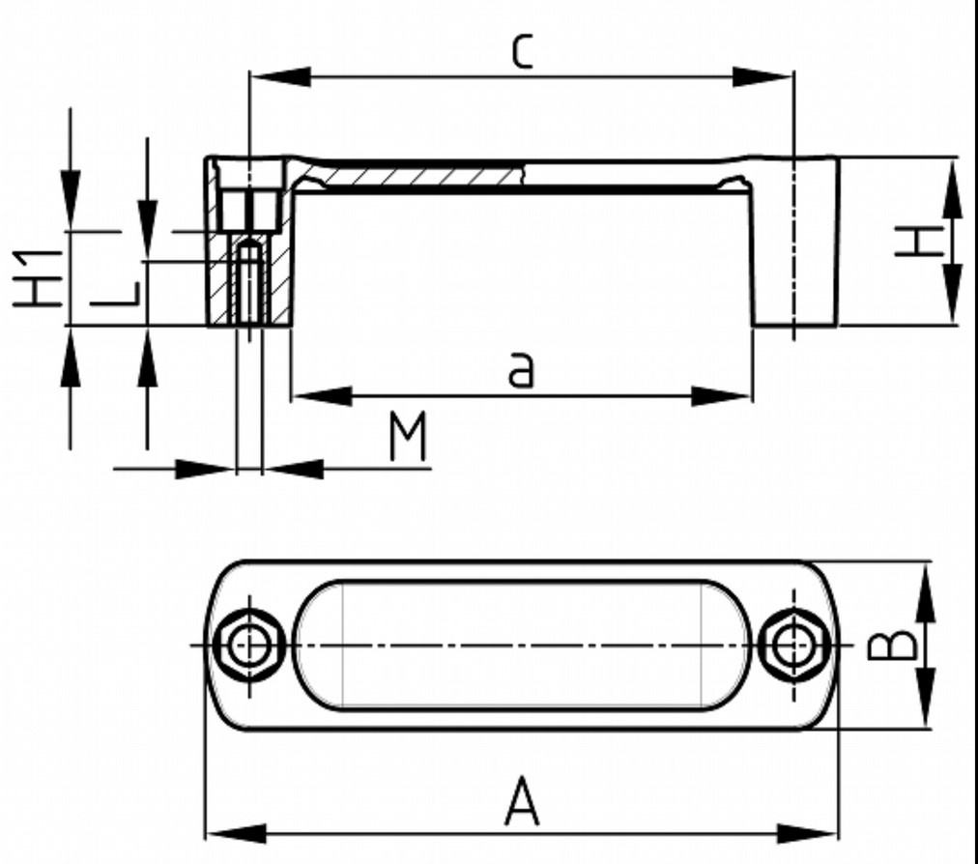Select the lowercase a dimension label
tap(521, 370)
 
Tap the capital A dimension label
tap(522, 804)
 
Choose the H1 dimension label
tap(40, 277)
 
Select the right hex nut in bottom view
tap(793, 645)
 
